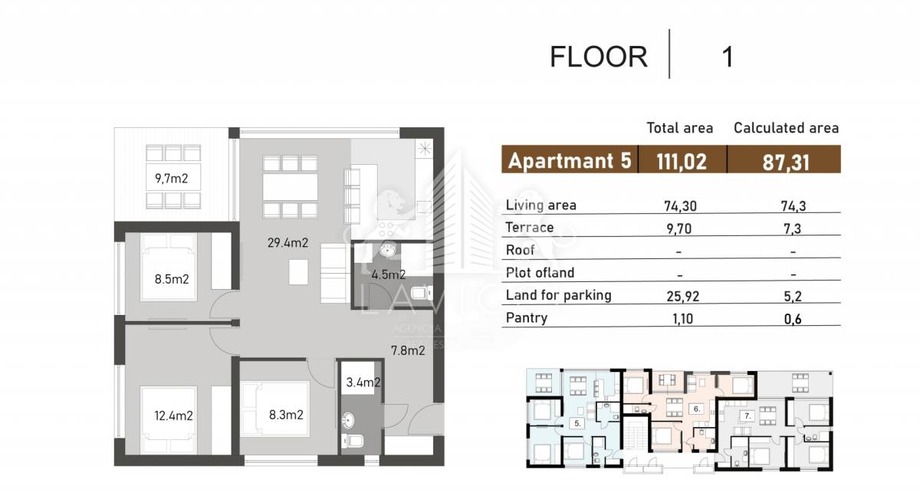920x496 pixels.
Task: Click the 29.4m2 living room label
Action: [x=287, y=243]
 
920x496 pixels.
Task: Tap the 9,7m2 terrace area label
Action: [x=171, y=179]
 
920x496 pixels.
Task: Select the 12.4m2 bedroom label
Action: [x=173, y=416]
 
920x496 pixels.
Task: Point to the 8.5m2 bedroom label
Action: [x=172, y=280]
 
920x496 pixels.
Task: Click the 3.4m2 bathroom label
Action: [x=363, y=383]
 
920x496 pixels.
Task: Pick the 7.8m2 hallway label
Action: [x=408, y=350]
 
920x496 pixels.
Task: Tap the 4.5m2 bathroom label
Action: [x=389, y=274]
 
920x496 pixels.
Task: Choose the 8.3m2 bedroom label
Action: [x=286, y=415]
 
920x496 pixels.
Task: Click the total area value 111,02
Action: [x=682, y=161]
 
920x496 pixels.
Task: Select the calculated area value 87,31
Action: [x=786, y=163]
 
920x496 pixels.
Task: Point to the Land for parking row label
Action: [x=559, y=295]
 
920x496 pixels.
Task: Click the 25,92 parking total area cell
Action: [x=682, y=296]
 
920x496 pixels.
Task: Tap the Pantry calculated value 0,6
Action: [x=793, y=319]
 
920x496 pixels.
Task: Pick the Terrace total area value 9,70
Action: [x=679, y=228]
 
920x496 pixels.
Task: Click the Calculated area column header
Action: [x=786, y=128]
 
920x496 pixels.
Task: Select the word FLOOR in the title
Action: [x=599, y=57]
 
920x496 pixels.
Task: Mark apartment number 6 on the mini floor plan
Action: [x=697, y=409]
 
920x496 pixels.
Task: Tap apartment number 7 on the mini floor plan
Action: [x=747, y=416]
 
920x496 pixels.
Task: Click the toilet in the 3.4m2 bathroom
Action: [x=353, y=442]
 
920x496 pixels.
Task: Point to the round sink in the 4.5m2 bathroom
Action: [x=387, y=249]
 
